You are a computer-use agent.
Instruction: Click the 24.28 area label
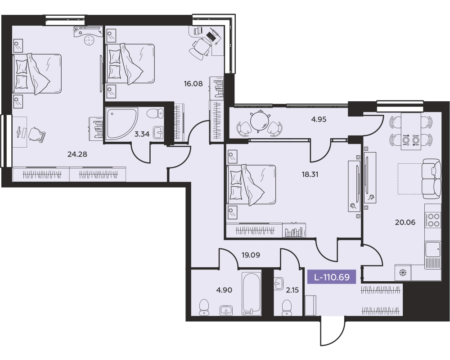[77, 154]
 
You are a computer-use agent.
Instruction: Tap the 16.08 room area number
[193, 84]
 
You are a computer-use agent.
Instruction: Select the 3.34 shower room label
[142, 134]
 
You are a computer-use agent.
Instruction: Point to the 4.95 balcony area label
[319, 119]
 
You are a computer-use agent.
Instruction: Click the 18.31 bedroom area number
[310, 174]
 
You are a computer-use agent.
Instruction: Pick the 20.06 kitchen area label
[405, 222]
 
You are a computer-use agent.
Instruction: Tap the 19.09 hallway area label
[251, 255]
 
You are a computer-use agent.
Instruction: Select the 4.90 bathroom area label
[224, 290]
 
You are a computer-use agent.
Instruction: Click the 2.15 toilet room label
[292, 290]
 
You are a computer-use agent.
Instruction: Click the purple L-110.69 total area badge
[332, 277]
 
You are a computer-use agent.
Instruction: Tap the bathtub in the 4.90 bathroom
[252, 293]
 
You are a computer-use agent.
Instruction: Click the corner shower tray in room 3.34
[121, 124]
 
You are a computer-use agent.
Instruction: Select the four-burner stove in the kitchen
[433, 220]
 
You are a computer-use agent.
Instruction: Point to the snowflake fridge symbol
[403, 272]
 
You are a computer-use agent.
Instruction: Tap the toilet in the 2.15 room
[287, 308]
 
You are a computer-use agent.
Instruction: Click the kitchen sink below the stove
[433, 249]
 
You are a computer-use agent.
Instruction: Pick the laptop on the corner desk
[211, 36]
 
